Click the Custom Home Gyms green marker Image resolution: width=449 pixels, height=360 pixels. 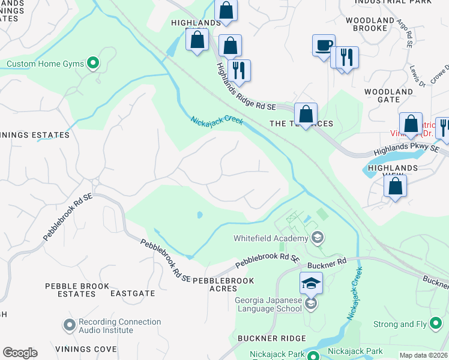click(x=92, y=62)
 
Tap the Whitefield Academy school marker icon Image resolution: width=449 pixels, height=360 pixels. click(x=318, y=238)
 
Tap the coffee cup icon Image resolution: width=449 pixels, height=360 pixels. click(x=324, y=46)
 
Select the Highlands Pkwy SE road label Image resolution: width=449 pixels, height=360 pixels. click(x=406, y=151)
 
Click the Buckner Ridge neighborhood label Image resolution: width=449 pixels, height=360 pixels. click(x=272, y=338)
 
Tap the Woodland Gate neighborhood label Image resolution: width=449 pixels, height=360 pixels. click(x=388, y=95)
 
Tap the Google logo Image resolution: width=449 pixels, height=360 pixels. click(x=20, y=353)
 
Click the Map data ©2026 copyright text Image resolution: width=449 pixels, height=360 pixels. click(x=424, y=355)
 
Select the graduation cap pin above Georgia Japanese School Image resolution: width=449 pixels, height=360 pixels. click(x=311, y=283)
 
